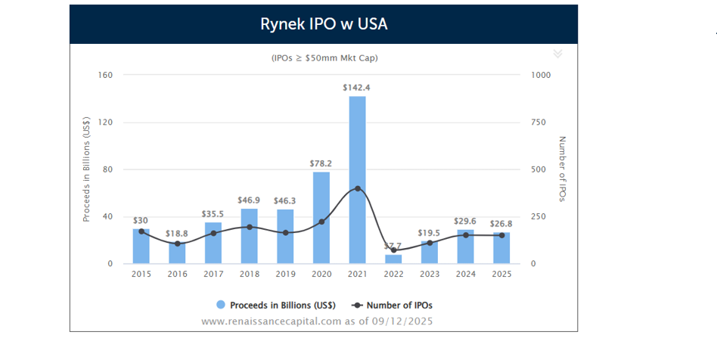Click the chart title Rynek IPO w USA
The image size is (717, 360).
(x=324, y=24)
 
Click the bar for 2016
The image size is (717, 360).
(x=177, y=253)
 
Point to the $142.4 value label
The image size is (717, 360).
(x=356, y=88)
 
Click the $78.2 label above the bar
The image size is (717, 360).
(x=321, y=163)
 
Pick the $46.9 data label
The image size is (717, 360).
(x=249, y=200)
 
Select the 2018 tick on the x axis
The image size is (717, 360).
(x=249, y=274)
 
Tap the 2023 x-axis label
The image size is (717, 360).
(x=429, y=274)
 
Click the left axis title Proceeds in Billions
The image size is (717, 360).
(x=87, y=169)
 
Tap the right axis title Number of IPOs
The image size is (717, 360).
(x=562, y=169)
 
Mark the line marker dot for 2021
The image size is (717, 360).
(x=357, y=188)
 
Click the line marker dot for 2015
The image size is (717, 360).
(x=141, y=231)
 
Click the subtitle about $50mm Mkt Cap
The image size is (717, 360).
(x=324, y=57)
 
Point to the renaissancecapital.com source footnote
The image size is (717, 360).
(x=317, y=321)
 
